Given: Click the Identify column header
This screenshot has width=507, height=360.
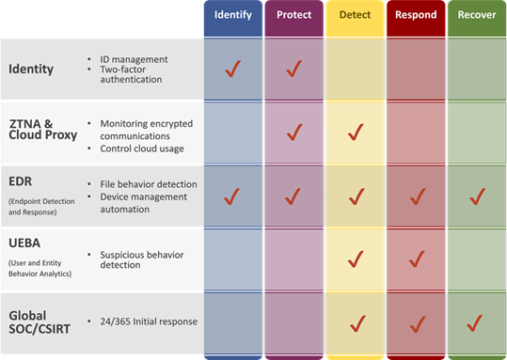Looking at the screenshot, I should (x=232, y=15).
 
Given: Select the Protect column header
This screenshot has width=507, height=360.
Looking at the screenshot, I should (x=293, y=15).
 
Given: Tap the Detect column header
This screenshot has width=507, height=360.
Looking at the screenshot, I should (x=355, y=15).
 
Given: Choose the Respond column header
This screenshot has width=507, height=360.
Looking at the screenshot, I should (x=415, y=15).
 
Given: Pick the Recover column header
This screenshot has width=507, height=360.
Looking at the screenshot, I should (x=476, y=15).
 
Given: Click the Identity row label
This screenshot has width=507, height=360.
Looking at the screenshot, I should (x=31, y=69).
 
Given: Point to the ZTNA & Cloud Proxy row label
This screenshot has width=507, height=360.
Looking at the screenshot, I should (x=43, y=130).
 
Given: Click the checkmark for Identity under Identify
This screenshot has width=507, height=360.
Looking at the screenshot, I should (x=232, y=69).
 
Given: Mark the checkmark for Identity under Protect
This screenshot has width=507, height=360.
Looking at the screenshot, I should (x=293, y=69).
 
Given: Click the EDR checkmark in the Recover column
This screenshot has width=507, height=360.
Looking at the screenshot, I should (x=476, y=196).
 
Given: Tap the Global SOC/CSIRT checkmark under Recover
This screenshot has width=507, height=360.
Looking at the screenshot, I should (x=476, y=322).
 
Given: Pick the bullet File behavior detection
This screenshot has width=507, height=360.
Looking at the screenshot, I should (x=148, y=183).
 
